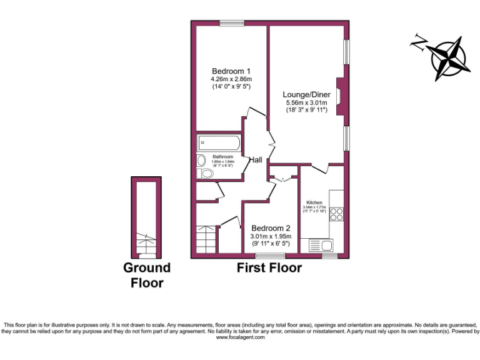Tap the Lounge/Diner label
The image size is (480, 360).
tap(306, 94)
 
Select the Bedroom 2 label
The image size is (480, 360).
tap(270, 228)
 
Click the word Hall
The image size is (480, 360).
tap(256, 160)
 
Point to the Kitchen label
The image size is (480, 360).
tap(314, 203)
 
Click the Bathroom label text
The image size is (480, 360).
tap(222, 156)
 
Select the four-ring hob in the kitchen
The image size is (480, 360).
tap(337, 214)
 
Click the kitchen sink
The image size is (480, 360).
tap(323, 244)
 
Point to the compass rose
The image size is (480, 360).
tap(451, 57)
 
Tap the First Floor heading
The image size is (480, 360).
tap(269, 268)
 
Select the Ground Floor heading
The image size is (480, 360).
tap(147, 275)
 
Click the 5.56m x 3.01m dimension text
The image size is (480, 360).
tap(306, 102)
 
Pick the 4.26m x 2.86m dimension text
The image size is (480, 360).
tap(231, 79)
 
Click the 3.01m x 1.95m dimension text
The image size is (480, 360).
tap(270, 237)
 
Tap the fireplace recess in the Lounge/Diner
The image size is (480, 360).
tap(339, 96)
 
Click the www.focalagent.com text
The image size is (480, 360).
tap(241, 337)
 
